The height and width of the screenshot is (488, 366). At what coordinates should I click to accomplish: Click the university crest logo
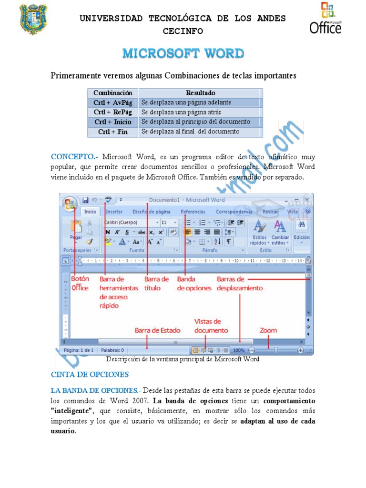[33, 20]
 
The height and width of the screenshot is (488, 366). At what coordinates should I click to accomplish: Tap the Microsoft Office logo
[325, 19]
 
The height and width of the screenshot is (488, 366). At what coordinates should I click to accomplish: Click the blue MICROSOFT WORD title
[183, 53]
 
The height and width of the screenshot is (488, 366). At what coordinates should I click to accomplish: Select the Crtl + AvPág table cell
[113, 102]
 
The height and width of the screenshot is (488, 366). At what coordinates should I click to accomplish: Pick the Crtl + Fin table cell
[113, 132]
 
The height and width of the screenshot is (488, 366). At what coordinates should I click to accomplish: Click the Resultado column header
[200, 93]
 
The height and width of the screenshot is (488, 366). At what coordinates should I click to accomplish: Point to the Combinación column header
[113, 93]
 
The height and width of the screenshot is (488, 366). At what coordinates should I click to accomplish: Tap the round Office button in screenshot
[70, 204]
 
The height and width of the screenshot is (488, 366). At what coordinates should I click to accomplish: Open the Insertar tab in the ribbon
[114, 212]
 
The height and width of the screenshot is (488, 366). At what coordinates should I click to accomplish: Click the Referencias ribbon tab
[193, 212]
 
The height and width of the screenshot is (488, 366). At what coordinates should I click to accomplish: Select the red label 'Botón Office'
[80, 284]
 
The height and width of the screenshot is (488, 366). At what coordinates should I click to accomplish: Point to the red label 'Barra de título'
[156, 284]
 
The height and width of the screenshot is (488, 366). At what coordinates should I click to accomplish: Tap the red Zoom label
[268, 330]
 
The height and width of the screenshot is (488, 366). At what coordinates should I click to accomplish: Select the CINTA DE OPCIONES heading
[90, 375]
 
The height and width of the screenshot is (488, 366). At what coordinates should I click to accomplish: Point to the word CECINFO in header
[183, 31]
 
